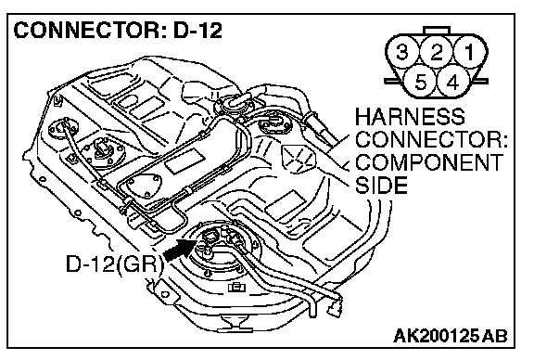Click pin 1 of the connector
tap(470, 52)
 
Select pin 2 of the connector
tap(437, 52)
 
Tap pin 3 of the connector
tap(402, 52)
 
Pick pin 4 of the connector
tap(452, 82)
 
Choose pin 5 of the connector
tap(421, 82)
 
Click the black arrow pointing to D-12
tap(180, 250)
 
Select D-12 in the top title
tap(197, 30)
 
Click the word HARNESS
tap(410, 117)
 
